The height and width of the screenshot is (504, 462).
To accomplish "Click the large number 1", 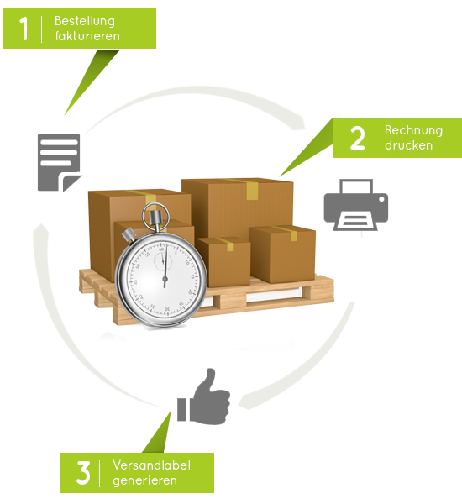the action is tap(24, 29).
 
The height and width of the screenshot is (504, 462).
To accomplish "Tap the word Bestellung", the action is tap(85, 21).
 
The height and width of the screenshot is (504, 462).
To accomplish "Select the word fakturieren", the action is tap(87, 35).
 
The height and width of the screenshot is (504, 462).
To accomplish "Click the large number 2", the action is tap(357, 138).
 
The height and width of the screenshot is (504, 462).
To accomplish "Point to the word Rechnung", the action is tap(413, 130).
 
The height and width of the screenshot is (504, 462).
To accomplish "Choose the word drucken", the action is tap(408, 145).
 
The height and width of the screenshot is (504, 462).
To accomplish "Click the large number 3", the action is tap(83, 472).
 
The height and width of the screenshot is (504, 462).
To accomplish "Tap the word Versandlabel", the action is tap(151, 465).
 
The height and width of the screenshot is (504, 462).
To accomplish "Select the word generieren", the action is tap(144, 480).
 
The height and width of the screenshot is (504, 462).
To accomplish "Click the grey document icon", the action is tap(59, 162).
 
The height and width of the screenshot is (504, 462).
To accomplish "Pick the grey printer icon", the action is tap(355, 205).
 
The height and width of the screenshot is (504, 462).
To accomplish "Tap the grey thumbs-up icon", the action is tap(203, 396).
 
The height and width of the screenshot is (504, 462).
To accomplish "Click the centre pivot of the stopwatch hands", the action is tap(165, 277).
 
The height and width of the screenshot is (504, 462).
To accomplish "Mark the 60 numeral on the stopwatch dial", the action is tap(161, 249).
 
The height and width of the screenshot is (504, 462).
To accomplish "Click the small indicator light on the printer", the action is tap(381, 199).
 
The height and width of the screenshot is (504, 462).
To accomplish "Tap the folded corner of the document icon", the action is tap(71, 183).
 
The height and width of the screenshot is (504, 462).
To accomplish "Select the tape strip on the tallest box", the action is tap(251, 190).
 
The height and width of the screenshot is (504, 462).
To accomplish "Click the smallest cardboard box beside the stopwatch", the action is tap(223, 261).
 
